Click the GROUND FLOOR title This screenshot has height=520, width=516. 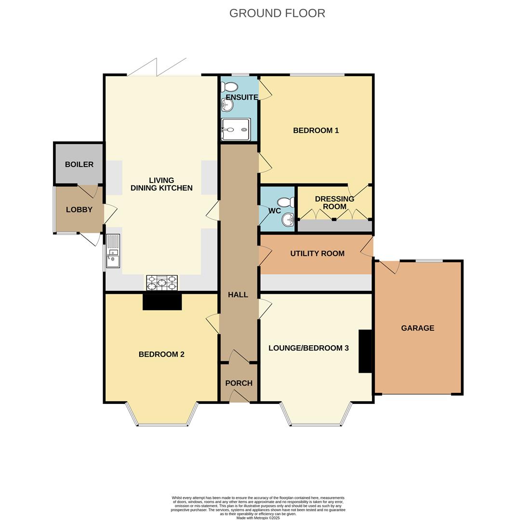[x=277, y=13]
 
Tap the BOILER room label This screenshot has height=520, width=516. [x=79, y=164]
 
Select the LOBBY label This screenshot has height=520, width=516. [x=79, y=209]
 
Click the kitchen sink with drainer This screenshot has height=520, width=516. [x=113, y=251]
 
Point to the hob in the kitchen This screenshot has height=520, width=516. [x=162, y=283]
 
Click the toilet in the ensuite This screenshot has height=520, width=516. [x=229, y=87]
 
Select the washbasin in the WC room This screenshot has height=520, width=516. [x=288, y=220]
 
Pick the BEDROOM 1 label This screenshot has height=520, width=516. [x=316, y=130]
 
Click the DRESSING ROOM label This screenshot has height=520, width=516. [x=334, y=203]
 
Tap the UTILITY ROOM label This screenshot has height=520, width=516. [x=317, y=253]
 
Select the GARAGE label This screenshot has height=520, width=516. [x=417, y=328]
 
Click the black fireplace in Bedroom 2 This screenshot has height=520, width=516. [x=162, y=302]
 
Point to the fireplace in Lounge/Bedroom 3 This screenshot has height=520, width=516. [x=365, y=351]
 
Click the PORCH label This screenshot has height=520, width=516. [x=238, y=383]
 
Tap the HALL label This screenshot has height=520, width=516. [x=238, y=295]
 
